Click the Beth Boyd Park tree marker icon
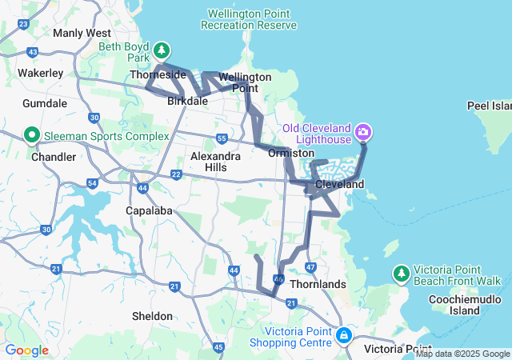pyautogui.click(x=162, y=50)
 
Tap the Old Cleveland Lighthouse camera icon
pyautogui.click(x=363, y=130)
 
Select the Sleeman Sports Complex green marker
pyautogui.click(x=33, y=134)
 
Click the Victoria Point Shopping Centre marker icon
pyautogui.click(x=343, y=334)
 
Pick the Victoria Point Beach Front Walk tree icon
pyautogui.click(x=401, y=274)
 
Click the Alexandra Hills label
pyautogui.click(x=216, y=162)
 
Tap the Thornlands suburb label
pyautogui.click(x=318, y=284)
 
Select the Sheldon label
pyautogui.click(x=152, y=316)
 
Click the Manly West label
pyautogui.click(x=82, y=34)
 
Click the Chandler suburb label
pyautogui.click(x=53, y=157)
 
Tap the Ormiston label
pyautogui.click(x=290, y=152)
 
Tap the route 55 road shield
pyautogui.click(x=221, y=139)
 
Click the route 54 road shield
pyautogui.click(x=93, y=184)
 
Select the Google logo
pyautogui.click(x=27, y=350)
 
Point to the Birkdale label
pyautogui.click(x=188, y=102)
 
